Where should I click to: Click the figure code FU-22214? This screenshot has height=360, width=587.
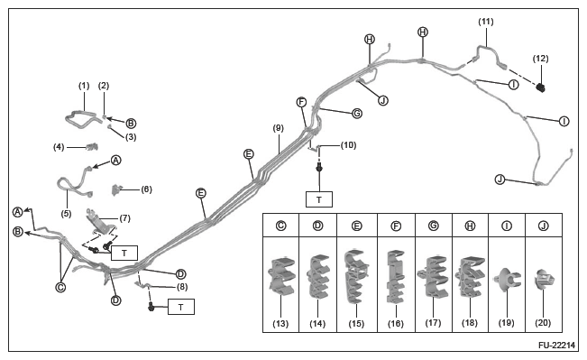[556, 346]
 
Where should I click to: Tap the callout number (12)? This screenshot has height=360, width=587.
[540, 59]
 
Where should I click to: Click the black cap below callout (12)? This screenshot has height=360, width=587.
[541, 88]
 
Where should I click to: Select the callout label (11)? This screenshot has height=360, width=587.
[485, 22]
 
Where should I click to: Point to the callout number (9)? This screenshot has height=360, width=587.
[278, 128]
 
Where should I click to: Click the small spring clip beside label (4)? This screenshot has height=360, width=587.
[91, 146]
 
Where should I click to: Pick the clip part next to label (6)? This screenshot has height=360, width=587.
[118, 189]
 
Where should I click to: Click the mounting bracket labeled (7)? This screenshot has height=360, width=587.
[100, 223]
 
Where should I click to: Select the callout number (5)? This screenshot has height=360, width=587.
[66, 214]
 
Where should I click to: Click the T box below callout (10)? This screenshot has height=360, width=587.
[319, 199]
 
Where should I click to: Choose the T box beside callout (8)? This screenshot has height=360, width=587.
[181, 307]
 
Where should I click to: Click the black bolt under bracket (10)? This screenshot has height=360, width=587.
[319, 168]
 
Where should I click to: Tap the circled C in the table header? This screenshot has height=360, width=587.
[280, 226]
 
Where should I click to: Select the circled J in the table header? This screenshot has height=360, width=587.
[543, 226]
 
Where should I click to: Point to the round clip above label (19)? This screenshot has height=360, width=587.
[507, 280]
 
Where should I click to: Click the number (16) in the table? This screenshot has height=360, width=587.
[396, 324]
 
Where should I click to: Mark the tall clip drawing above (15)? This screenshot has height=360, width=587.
[357, 276]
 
